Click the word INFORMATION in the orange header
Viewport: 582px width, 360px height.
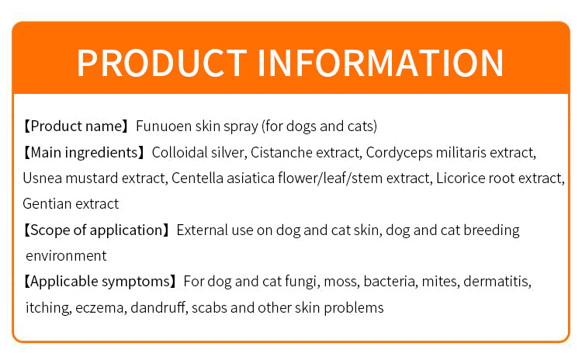(380, 63)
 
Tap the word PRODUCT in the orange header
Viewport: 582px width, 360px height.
(162, 63)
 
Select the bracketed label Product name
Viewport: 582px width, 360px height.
(76, 126)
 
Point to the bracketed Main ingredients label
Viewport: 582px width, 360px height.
(84, 153)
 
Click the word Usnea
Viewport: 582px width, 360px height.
(43, 178)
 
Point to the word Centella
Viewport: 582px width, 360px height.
(197, 178)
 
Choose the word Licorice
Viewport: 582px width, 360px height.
(460, 178)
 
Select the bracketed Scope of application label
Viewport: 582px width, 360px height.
(96, 230)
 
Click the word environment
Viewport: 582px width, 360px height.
(66, 256)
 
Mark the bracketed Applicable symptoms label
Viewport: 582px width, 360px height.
(100, 282)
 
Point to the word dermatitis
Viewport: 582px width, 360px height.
(497, 282)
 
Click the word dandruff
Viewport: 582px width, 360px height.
(158, 307)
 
